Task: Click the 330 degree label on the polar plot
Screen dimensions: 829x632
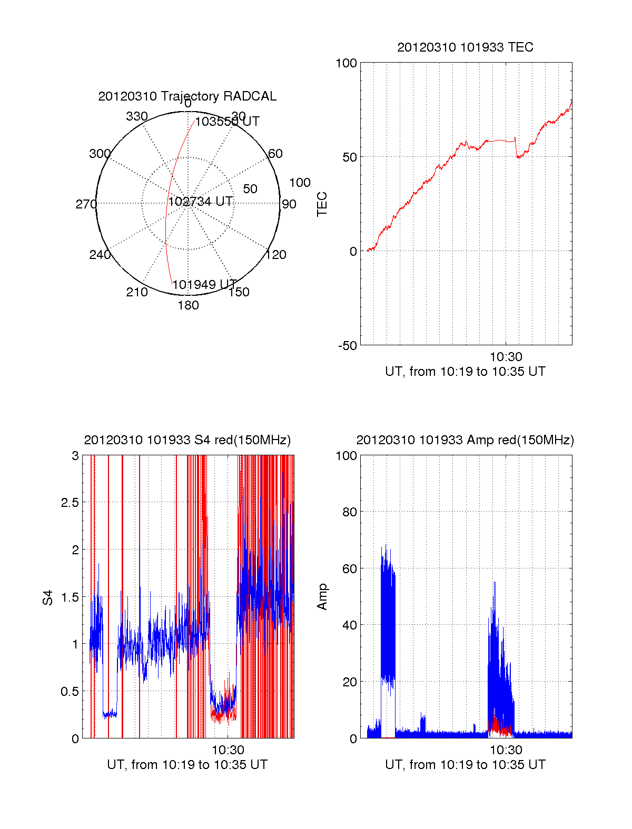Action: [137, 116]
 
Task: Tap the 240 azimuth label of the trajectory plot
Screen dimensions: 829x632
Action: [100, 255]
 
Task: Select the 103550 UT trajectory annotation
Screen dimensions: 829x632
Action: [227, 122]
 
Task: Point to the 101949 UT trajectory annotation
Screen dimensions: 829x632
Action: [205, 285]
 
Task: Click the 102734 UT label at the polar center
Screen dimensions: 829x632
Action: [201, 202]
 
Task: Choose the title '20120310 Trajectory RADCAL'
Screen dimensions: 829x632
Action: [187, 96]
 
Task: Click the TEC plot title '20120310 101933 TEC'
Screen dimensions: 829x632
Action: [465, 47]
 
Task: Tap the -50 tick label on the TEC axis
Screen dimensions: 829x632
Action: [348, 346]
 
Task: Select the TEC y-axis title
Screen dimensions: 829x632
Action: [322, 204]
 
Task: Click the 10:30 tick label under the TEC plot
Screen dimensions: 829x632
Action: [506, 357]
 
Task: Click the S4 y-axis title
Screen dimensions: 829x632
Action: [48, 597]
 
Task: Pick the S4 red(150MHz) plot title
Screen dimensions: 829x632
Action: [187, 440]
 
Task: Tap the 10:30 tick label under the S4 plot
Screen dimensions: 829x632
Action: [228, 750]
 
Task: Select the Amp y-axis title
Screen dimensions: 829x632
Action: [322, 597]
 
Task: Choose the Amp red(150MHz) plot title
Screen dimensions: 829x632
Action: [465, 440]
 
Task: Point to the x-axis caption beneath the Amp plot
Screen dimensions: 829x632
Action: [465, 765]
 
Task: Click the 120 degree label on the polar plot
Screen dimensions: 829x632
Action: [276, 255]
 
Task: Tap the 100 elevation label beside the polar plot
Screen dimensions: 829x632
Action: [300, 183]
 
